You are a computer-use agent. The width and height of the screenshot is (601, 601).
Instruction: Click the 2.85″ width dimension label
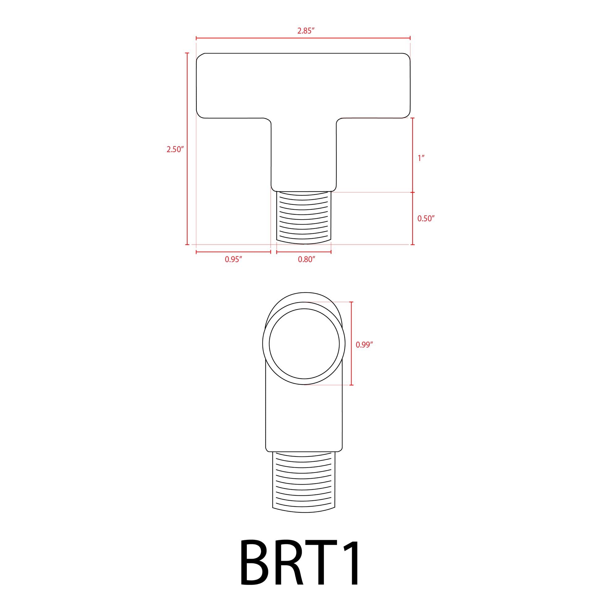pos(306,31)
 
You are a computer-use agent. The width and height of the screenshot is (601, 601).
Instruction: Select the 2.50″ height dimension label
pos(175,149)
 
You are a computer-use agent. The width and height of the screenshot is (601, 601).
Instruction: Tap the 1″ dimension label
pos(421,158)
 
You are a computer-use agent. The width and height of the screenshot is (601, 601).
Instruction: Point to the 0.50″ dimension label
pos(426,218)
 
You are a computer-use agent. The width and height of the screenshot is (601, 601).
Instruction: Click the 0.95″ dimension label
pos(233,259)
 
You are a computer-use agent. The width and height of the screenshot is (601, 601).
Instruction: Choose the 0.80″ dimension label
pos(306,259)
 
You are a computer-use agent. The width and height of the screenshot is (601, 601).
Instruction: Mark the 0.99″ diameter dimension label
pos(364,344)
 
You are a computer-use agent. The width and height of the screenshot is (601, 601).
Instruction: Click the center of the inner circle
pos(304,343)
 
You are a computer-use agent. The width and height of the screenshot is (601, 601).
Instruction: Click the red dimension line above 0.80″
pos(304,252)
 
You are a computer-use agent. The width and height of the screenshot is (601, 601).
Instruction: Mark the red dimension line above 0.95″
pos(233,252)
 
